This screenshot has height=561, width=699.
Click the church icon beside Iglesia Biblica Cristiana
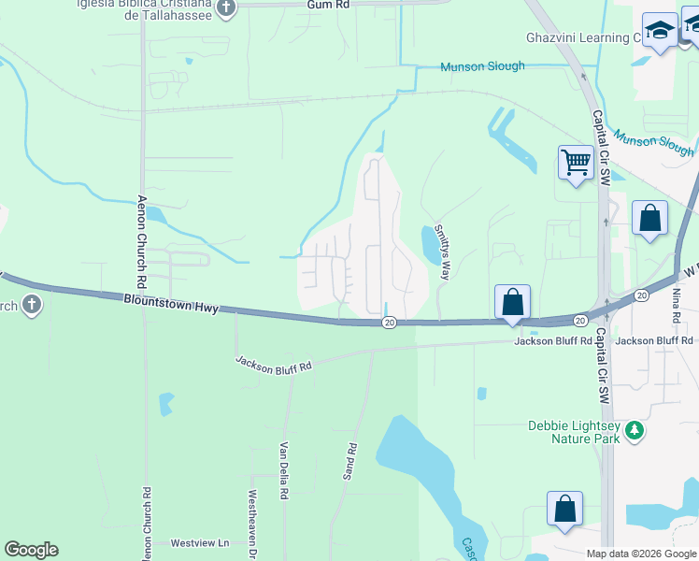coord(226,8)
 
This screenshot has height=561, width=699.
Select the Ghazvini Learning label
coord(580,38)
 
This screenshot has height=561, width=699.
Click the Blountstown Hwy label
coord(170,304)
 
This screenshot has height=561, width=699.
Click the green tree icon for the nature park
coord(635,430)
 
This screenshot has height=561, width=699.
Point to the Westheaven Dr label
coord(252,518)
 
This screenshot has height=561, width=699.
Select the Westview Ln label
coord(199,542)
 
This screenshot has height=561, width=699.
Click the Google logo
coord(31,550)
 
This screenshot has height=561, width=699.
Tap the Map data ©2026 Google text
coord(641,554)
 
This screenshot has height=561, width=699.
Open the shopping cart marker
coord(576,163)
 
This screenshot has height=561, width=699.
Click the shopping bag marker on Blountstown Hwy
coord(512,302)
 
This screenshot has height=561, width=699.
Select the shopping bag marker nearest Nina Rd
coord(650,219)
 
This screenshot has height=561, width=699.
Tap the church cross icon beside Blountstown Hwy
coord(31,304)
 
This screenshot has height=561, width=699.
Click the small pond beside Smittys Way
coord(432,245)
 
